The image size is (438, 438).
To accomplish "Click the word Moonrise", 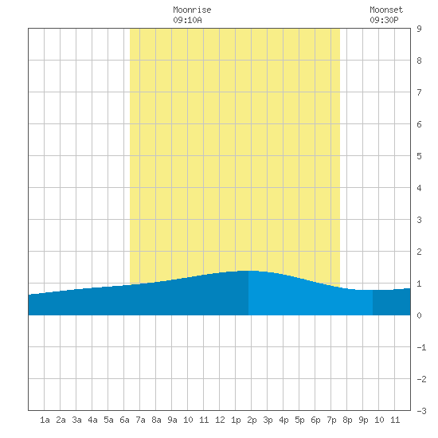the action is point(192,10).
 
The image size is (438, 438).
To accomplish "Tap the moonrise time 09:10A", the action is point(187,20).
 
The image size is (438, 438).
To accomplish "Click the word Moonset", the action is point(386,10).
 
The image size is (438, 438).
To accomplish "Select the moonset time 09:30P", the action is point(384,20).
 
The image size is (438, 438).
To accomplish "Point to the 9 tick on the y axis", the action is point(419,29).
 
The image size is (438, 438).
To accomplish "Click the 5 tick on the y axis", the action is point(419,156).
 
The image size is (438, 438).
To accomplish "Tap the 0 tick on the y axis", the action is point(419,315).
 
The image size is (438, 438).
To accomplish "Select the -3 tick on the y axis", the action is point(421,411).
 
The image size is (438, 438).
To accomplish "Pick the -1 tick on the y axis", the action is point(421,347).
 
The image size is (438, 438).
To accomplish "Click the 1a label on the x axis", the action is point(45,420).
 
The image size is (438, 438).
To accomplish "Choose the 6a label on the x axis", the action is point(124,420).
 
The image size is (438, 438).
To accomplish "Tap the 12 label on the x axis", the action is point(220,420).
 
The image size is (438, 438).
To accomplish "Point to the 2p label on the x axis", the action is point(252,420).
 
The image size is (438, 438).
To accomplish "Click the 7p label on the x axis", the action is point(331,420).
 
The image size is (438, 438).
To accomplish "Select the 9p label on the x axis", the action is point(363,420).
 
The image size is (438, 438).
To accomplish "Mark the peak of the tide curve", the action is point(248,271).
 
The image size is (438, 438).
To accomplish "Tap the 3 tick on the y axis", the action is point(419,220).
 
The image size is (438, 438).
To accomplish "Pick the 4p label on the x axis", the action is point(284,420).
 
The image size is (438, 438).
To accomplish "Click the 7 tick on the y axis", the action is point(419,92).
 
